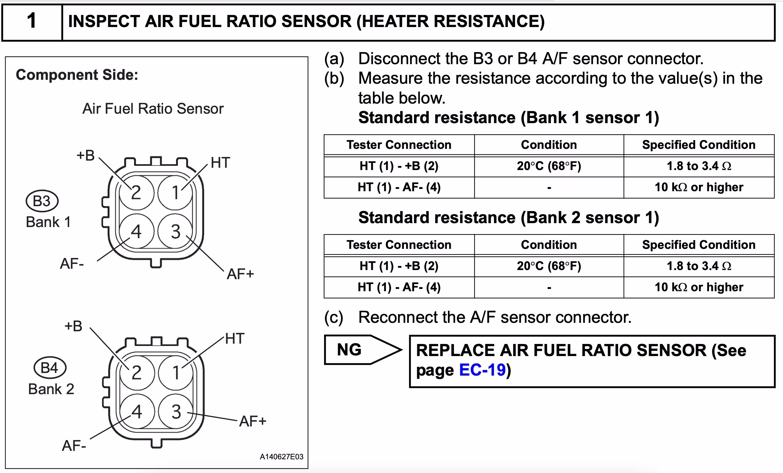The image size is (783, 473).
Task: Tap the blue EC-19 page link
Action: click(482, 370)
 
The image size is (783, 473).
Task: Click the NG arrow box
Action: click(363, 350)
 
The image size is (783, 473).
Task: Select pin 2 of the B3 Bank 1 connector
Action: click(136, 192)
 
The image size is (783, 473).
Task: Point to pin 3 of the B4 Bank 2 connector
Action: click(176, 411)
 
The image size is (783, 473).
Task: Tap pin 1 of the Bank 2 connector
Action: click(176, 373)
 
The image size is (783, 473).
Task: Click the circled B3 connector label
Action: click(42, 201)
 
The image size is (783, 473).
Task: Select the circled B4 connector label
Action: click(50, 367)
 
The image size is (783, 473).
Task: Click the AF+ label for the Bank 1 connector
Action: click(241, 274)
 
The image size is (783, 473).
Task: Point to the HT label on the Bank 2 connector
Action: click(235, 338)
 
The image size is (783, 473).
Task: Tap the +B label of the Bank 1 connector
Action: click(86, 155)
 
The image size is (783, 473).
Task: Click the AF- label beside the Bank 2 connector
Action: click(74, 446)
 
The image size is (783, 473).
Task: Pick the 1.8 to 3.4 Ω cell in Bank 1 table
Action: click(699, 166)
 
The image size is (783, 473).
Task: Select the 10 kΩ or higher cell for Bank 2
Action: click(699, 287)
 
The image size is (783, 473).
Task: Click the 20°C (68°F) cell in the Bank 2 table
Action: click(549, 266)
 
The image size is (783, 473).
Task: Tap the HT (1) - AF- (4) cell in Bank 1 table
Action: click(399, 187)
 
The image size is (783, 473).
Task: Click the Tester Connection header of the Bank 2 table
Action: click(399, 245)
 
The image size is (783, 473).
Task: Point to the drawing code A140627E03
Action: click(282, 457)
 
